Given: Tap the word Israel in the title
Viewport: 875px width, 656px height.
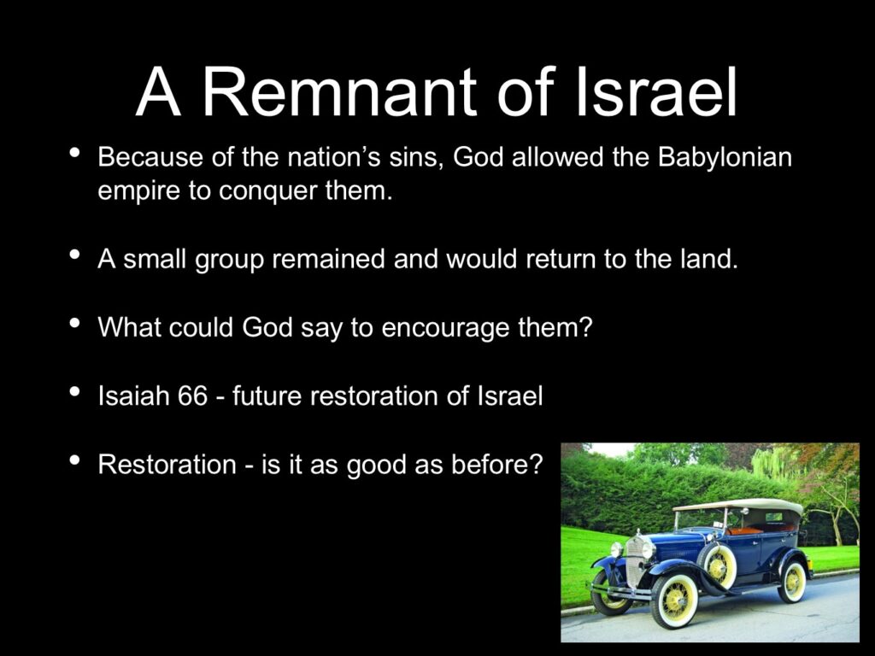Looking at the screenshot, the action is (656, 91).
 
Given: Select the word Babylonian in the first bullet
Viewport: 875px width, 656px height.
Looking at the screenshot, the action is (725, 158).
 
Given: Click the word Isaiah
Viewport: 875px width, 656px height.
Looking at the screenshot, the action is (133, 395).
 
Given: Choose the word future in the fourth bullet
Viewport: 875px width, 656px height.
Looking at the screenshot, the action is (267, 396).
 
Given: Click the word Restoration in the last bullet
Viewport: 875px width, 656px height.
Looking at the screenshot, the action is (167, 465).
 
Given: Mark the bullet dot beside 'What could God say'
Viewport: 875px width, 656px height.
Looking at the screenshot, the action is (74, 323).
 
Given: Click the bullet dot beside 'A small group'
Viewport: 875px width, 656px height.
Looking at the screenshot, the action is (74, 255).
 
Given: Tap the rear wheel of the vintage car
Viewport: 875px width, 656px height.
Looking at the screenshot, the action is (793, 581).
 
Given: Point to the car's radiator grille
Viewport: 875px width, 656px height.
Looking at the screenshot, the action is (635, 562).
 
